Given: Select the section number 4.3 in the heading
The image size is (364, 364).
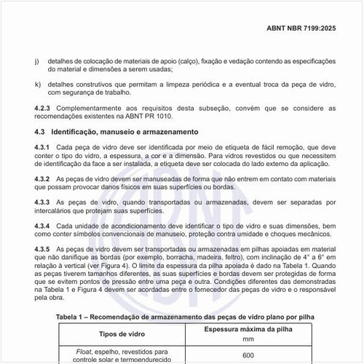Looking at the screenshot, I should click(40, 132).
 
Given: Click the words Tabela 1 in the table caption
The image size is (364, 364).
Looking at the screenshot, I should click(76, 317).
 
